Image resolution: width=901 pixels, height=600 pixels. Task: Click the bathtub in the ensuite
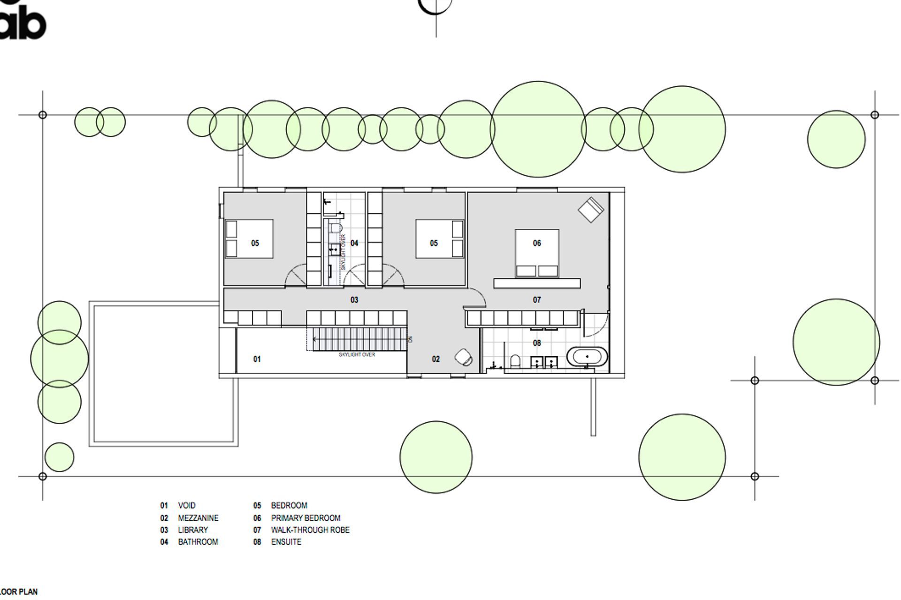[587, 357]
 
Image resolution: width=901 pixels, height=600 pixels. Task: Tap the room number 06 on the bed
[537, 243]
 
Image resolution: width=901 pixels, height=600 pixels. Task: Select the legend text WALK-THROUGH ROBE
[310, 530]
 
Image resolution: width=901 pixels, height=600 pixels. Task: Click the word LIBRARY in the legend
[193, 530]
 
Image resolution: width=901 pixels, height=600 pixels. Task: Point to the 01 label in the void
[257, 359]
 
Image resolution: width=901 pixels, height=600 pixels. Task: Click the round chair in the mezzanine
[464, 357]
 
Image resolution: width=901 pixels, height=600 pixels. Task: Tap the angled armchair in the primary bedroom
[591, 209]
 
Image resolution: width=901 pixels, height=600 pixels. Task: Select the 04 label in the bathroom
[354, 243]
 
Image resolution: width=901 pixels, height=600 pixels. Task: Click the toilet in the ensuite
[515, 361]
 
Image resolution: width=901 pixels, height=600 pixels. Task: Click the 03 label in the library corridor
[354, 300]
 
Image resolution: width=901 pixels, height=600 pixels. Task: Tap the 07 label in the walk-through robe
[537, 300]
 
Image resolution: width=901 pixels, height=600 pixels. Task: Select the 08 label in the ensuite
[537, 343]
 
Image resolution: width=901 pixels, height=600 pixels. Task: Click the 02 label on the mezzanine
[435, 359]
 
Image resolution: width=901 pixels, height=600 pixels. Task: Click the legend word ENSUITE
[286, 542]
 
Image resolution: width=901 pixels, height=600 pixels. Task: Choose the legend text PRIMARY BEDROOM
[305, 518]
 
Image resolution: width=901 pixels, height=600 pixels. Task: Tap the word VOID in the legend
[187, 505]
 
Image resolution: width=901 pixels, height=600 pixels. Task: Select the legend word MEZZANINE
[198, 518]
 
